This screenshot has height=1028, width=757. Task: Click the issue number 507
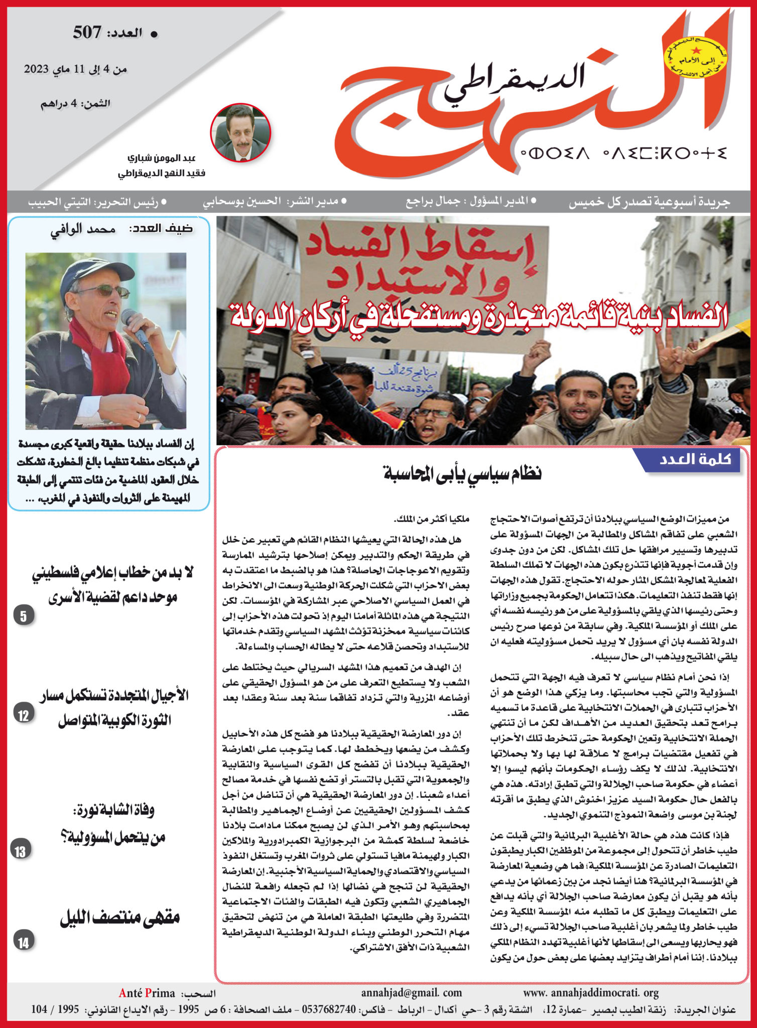[87, 33]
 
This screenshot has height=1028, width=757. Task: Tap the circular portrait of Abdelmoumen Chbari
[240, 133]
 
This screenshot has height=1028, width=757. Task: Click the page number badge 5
[24, 616]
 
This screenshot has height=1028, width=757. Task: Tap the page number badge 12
[24, 715]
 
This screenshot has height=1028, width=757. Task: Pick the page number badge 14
[24, 942]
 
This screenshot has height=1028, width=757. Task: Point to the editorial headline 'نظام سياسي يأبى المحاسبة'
[462, 473]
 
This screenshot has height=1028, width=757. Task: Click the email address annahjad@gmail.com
[411, 992]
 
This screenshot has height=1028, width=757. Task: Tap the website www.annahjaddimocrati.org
[590, 992]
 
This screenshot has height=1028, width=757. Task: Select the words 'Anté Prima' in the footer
[147, 993]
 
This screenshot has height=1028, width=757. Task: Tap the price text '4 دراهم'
[75, 104]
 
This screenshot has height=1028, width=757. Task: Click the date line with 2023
[75, 69]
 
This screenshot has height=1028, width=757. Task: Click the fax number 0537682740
[328, 1009]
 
